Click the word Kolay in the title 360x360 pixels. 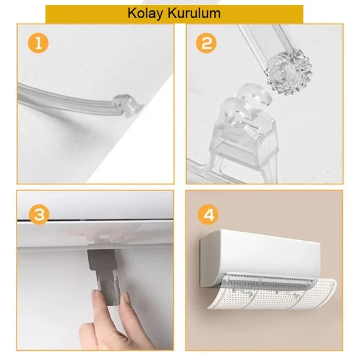click(145, 14)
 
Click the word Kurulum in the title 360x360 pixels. click(194, 13)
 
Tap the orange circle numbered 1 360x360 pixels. click(38, 43)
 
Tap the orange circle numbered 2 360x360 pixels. click(206, 43)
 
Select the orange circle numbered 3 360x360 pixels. click(39, 215)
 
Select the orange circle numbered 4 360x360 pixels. click(209, 215)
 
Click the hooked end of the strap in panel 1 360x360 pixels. click(127, 105)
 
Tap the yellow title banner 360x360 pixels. click(175, 14)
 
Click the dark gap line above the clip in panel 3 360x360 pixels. click(95, 220)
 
